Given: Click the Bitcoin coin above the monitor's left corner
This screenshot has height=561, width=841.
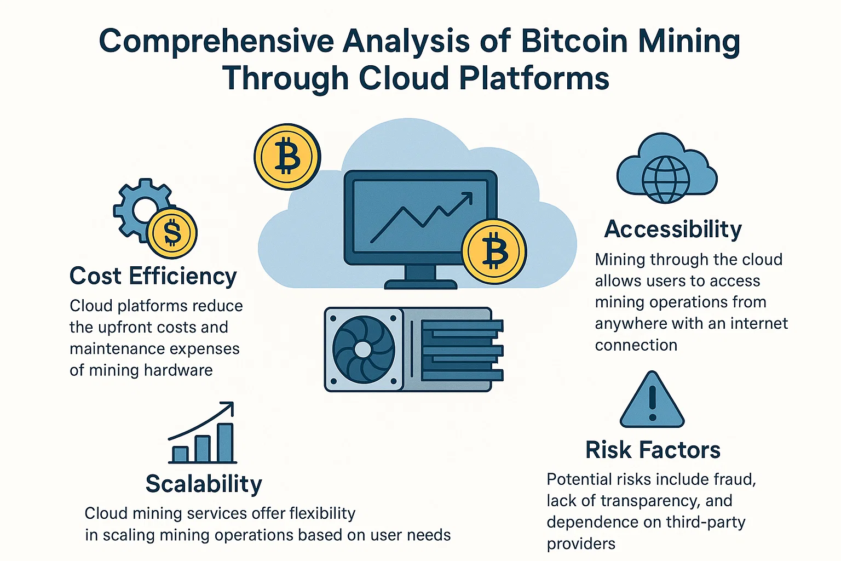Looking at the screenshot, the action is click(287, 157).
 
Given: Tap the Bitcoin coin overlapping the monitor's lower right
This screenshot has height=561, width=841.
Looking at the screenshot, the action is click(494, 251).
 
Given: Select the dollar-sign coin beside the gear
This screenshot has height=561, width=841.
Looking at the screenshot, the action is click(172, 233).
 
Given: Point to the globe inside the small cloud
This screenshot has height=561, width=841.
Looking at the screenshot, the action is click(665, 180).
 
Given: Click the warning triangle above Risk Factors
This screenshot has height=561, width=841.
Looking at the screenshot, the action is click(652, 400).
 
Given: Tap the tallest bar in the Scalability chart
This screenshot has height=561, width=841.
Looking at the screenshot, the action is click(225, 443).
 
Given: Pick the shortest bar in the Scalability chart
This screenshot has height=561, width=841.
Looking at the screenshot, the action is click(180, 454).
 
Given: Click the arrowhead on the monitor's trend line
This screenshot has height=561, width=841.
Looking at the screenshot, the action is click(468, 197).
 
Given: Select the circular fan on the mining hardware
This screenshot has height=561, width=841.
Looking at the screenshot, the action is click(364, 350).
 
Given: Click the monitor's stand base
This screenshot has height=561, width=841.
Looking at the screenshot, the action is click(420, 284).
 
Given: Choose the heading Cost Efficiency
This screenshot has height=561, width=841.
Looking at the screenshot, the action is click(153, 276).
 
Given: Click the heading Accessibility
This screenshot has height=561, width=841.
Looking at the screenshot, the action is click(673, 229).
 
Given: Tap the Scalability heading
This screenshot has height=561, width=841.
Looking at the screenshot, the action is click(204, 484).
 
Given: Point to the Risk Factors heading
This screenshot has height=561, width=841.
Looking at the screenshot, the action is click(653, 450).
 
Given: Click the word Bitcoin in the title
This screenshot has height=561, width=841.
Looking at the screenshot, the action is click(574, 41).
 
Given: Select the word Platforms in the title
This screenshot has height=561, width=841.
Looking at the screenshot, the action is click(534, 78).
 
